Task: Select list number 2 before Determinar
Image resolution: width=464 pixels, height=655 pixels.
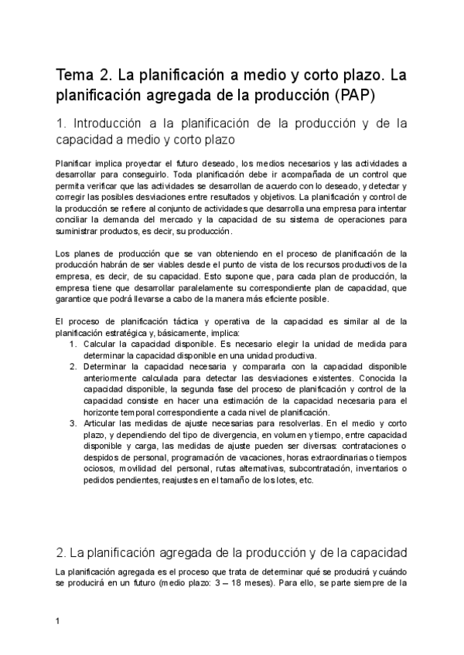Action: point(72,368)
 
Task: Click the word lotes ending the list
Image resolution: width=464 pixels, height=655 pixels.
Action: point(280,480)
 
